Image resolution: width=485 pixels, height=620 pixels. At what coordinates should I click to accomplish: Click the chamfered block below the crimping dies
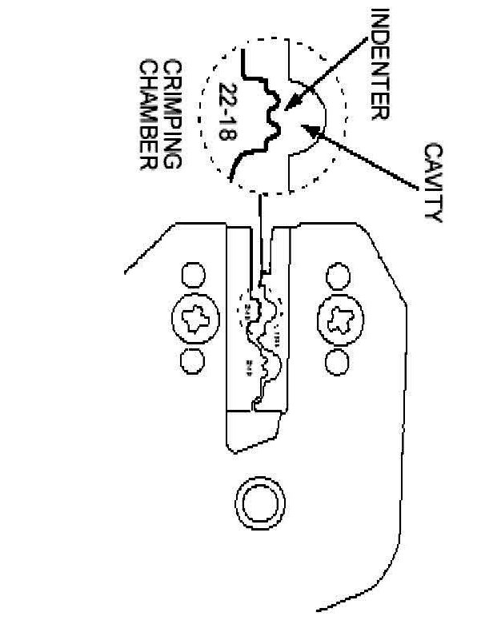point(252,435)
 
